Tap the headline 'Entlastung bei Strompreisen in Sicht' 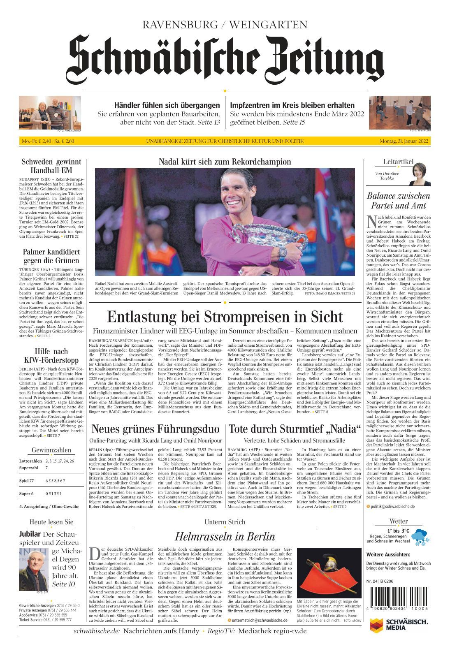coord(225,317)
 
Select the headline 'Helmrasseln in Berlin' coord(225,537)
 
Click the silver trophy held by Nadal coord(269,239)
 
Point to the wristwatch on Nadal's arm coord(283,253)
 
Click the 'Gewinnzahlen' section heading coord(51,450)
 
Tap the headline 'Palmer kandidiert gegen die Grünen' coord(51,256)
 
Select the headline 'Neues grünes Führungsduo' coord(155,429)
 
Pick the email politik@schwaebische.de coord(392,507)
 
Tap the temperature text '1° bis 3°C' coord(398,531)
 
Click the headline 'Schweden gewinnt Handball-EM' coord(51,166)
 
